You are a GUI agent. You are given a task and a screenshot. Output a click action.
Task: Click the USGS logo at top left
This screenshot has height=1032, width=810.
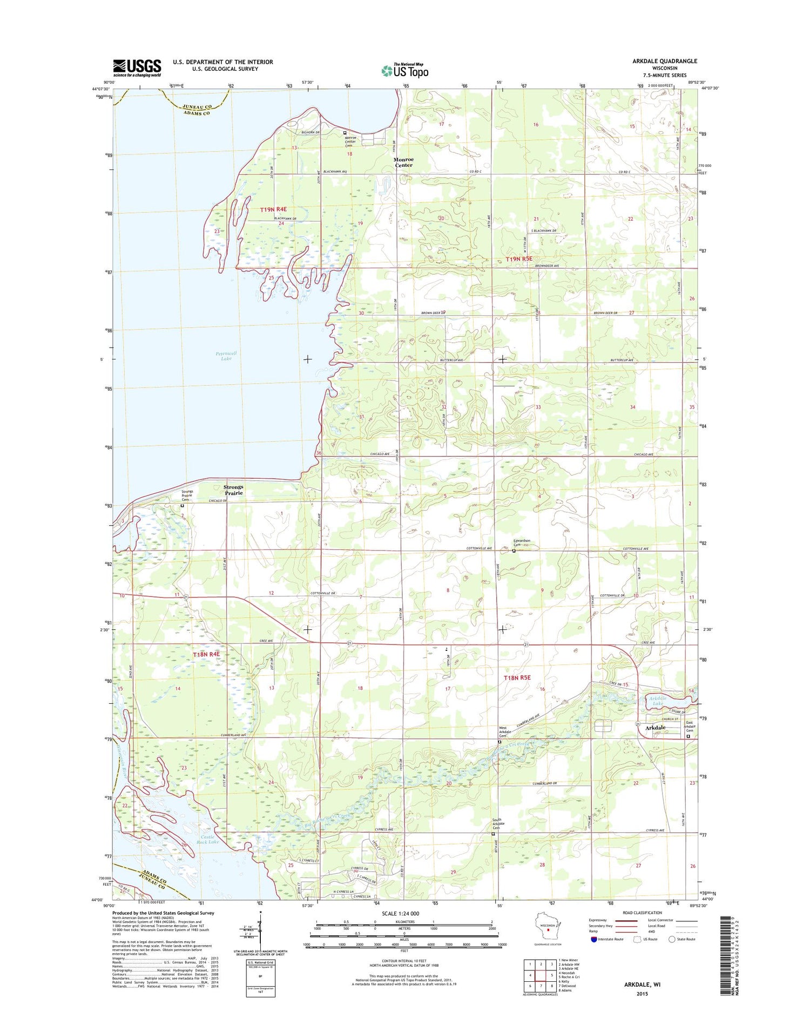(x=137, y=68)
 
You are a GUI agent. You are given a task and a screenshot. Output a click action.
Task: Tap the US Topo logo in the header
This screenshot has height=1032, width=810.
(x=405, y=70)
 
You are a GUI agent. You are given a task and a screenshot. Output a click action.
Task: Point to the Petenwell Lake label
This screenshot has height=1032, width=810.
(x=226, y=356)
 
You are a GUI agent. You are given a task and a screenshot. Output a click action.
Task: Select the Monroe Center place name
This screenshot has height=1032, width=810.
(x=403, y=162)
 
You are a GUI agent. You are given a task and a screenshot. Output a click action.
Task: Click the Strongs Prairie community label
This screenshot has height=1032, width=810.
(x=233, y=490)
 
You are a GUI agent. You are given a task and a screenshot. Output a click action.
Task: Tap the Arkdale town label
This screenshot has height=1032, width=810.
(x=655, y=728)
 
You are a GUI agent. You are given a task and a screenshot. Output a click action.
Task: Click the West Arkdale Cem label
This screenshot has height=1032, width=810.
(x=502, y=732)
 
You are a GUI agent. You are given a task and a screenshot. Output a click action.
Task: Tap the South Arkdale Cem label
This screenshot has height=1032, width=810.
(x=498, y=824)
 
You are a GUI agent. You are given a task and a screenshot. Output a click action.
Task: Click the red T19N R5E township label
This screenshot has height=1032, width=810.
(x=518, y=259)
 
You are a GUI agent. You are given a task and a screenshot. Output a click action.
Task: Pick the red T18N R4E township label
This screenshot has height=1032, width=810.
(x=206, y=654)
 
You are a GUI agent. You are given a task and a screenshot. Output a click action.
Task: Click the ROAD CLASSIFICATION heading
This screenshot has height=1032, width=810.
(x=641, y=913)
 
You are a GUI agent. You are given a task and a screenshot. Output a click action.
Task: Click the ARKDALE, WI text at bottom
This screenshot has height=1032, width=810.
(x=642, y=984)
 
